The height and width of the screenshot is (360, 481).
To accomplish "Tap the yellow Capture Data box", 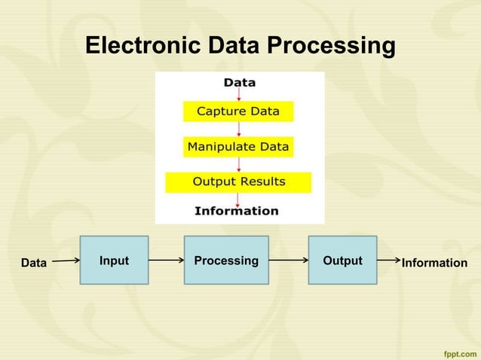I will click(238, 111).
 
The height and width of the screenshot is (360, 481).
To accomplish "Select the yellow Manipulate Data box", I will click(238, 147).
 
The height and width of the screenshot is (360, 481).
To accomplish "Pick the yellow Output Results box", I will click(238, 182).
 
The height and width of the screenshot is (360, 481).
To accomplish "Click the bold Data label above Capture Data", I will click(239, 83).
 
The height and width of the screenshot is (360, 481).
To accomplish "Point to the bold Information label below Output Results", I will click(236, 211).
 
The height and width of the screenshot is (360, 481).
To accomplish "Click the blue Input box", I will click(114, 260).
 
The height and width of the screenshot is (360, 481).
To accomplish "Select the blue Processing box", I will click(226, 260).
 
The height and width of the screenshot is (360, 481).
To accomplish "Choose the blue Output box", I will click(342, 260).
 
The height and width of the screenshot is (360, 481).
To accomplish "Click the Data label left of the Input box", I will click(33, 264).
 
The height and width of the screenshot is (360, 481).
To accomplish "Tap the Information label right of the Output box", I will click(434, 263).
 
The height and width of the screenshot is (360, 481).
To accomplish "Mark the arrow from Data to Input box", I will click(66, 261).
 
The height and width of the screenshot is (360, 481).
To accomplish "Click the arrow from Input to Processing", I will click(166, 261).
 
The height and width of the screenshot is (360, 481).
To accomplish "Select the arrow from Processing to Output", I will click(288, 261).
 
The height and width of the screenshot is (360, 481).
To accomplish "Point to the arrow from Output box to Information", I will click(388, 260).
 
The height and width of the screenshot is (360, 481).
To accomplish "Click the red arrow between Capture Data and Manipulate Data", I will click(239, 129).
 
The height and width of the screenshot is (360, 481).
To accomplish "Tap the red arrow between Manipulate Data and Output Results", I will click(239, 164).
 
